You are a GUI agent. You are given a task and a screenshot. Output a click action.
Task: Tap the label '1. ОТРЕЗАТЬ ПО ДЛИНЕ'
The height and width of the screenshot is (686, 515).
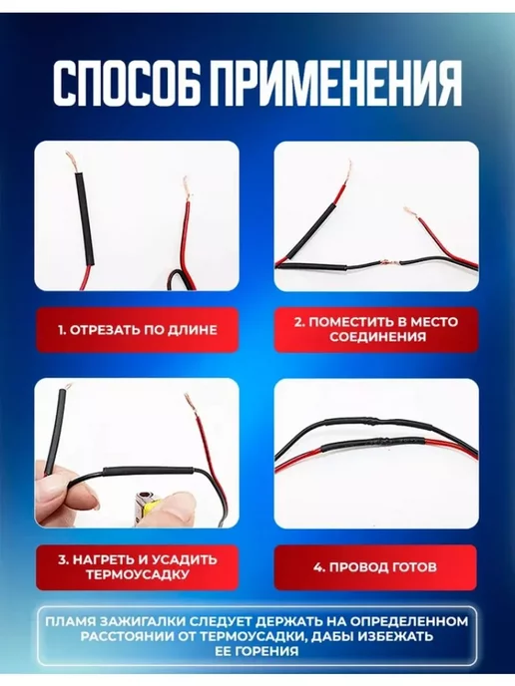[138, 330]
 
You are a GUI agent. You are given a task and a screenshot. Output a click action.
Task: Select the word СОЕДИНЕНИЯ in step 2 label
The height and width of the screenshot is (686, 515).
[377, 336]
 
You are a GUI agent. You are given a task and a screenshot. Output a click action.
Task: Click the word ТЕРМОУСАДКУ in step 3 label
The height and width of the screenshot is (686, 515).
[138, 574]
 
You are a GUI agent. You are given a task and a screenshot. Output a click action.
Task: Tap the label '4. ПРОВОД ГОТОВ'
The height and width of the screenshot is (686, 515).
[375, 567]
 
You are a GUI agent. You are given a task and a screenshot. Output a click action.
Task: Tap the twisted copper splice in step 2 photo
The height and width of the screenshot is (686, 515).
[386, 264]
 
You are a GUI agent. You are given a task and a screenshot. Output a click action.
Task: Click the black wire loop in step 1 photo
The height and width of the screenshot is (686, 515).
[176, 279]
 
